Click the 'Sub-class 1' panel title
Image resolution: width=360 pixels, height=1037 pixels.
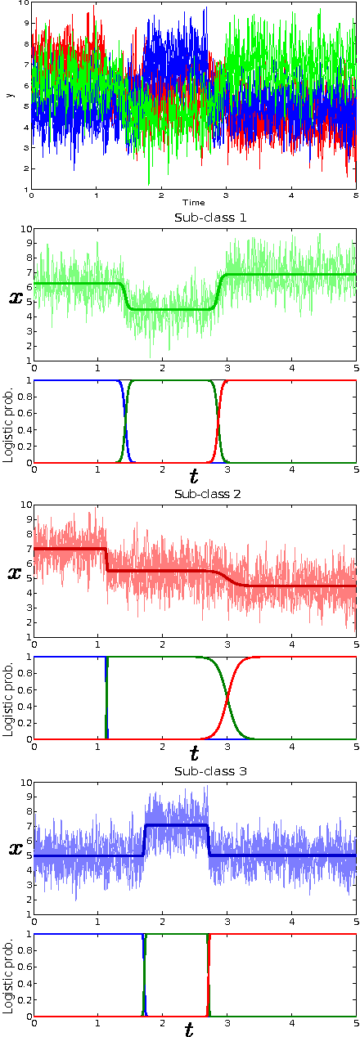pos(194,218)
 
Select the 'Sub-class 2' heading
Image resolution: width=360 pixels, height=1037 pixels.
pos(194,494)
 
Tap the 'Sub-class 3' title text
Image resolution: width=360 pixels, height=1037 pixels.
pos(194,770)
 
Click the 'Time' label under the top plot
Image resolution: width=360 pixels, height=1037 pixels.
pos(194,202)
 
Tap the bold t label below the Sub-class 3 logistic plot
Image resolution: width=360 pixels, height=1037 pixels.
pos(189,1029)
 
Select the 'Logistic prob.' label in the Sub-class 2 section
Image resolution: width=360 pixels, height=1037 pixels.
pos(7,698)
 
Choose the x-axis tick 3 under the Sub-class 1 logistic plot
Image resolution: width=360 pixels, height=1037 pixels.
pos(226,471)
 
